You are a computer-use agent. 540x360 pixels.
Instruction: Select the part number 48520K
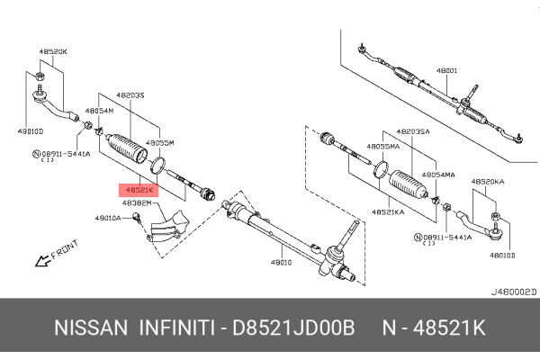[x=51, y=52]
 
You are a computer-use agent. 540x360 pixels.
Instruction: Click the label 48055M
[x=159, y=143]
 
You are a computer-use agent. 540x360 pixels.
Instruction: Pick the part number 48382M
[x=137, y=203]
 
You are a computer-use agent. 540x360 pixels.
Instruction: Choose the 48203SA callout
[x=412, y=130]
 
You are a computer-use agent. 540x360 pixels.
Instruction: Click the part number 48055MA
[x=383, y=145]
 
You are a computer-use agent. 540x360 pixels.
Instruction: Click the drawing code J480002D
[x=511, y=292]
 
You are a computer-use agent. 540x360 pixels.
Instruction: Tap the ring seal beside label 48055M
[x=159, y=165]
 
